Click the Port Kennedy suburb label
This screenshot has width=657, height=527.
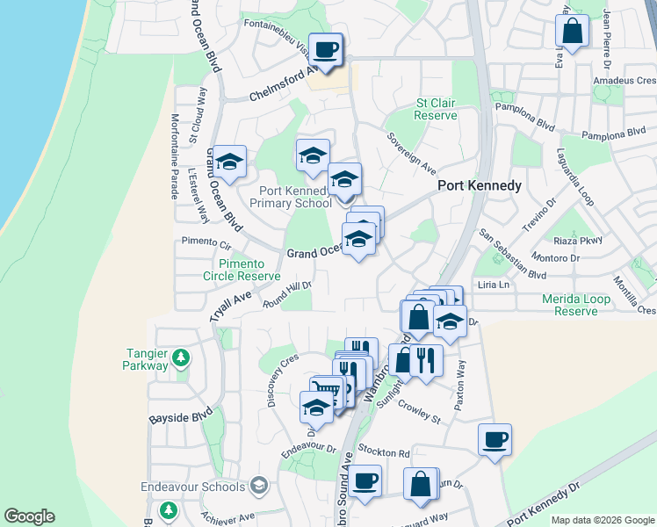click(480, 186)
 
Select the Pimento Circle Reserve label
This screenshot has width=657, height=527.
click(242, 269)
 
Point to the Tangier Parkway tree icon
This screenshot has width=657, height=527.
click(180, 357)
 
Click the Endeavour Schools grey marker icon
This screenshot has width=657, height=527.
click(258, 485)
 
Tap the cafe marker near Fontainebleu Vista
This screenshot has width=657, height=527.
click(326, 50)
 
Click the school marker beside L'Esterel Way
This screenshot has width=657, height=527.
click(229, 162)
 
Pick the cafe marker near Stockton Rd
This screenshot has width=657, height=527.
click(495, 439)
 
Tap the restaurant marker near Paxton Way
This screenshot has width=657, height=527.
click(426, 360)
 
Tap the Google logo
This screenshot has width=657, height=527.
click(29, 516)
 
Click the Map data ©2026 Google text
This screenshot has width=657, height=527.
click(602, 520)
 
